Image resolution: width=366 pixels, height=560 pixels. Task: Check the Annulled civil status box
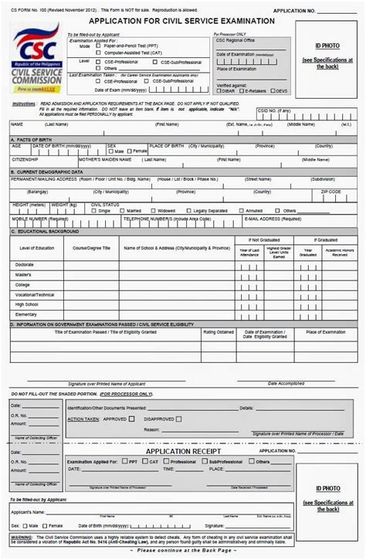point(242,210)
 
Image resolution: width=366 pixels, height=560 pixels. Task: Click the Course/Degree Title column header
point(91,248)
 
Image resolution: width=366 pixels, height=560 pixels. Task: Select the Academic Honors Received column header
point(339,250)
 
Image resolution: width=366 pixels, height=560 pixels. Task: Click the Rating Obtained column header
point(219,331)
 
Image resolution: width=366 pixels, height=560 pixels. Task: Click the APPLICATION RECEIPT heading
point(184,450)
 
